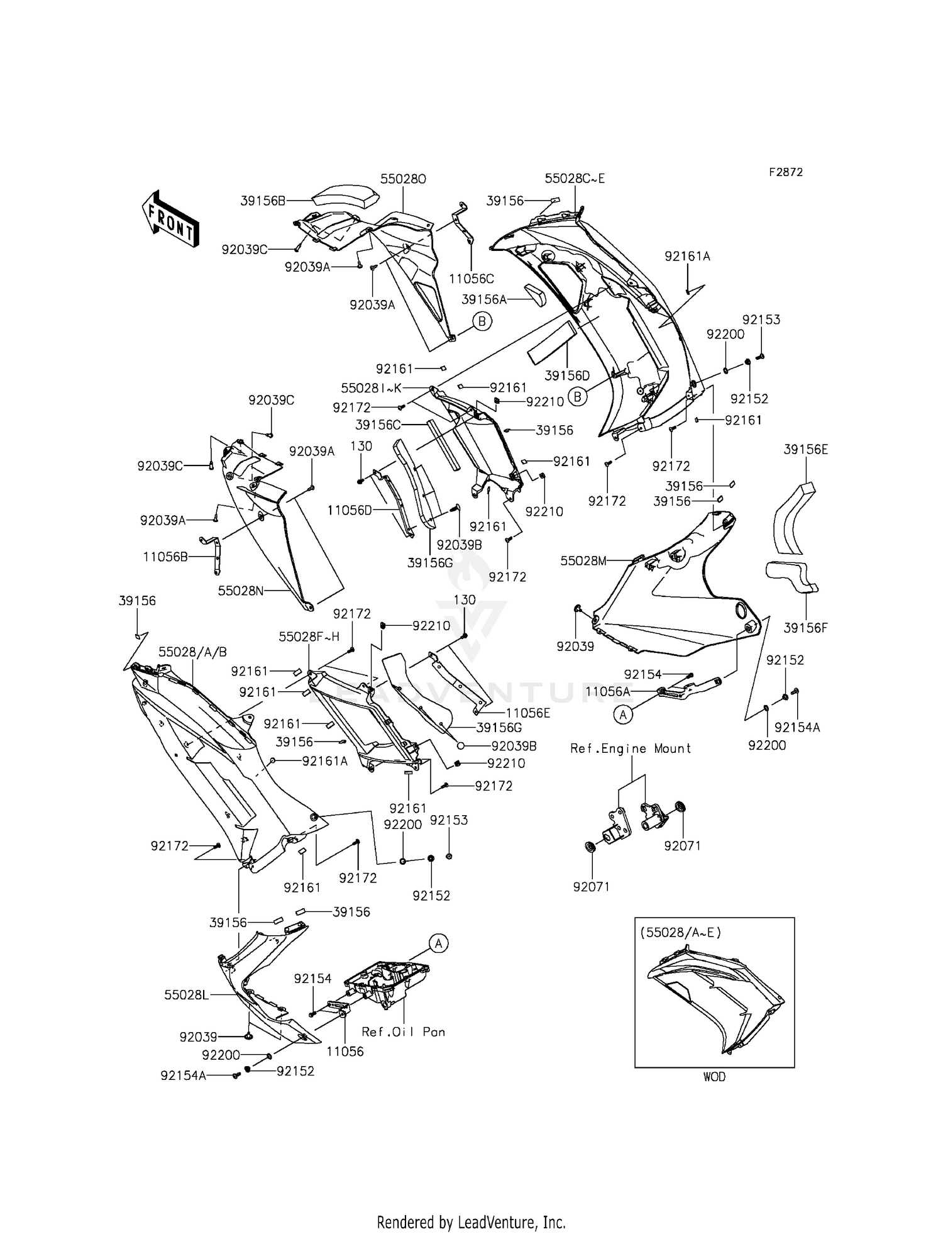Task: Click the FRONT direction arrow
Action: tap(170, 218)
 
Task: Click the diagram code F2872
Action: tap(786, 172)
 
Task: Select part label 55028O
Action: tap(403, 179)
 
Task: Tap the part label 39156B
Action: tap(263, 201)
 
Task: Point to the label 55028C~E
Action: tap(575, 179)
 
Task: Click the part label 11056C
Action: tap(472, 279)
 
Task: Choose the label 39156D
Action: tap(567, 375)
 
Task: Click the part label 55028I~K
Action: tap(371, 388)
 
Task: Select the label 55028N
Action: tap(241, 591)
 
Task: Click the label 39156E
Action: tap(806, 449)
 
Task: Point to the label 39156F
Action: tap(806, 627)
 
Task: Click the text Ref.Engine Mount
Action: tap(631, 748)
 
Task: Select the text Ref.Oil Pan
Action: tap(404, 1031)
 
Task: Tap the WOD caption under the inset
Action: tap(714, 1077)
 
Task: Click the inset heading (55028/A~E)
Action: tap(681, 932)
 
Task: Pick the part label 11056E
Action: tap(527, 713)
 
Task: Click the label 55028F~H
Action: tap(309, 636)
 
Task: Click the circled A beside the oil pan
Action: tap(439, 943)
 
